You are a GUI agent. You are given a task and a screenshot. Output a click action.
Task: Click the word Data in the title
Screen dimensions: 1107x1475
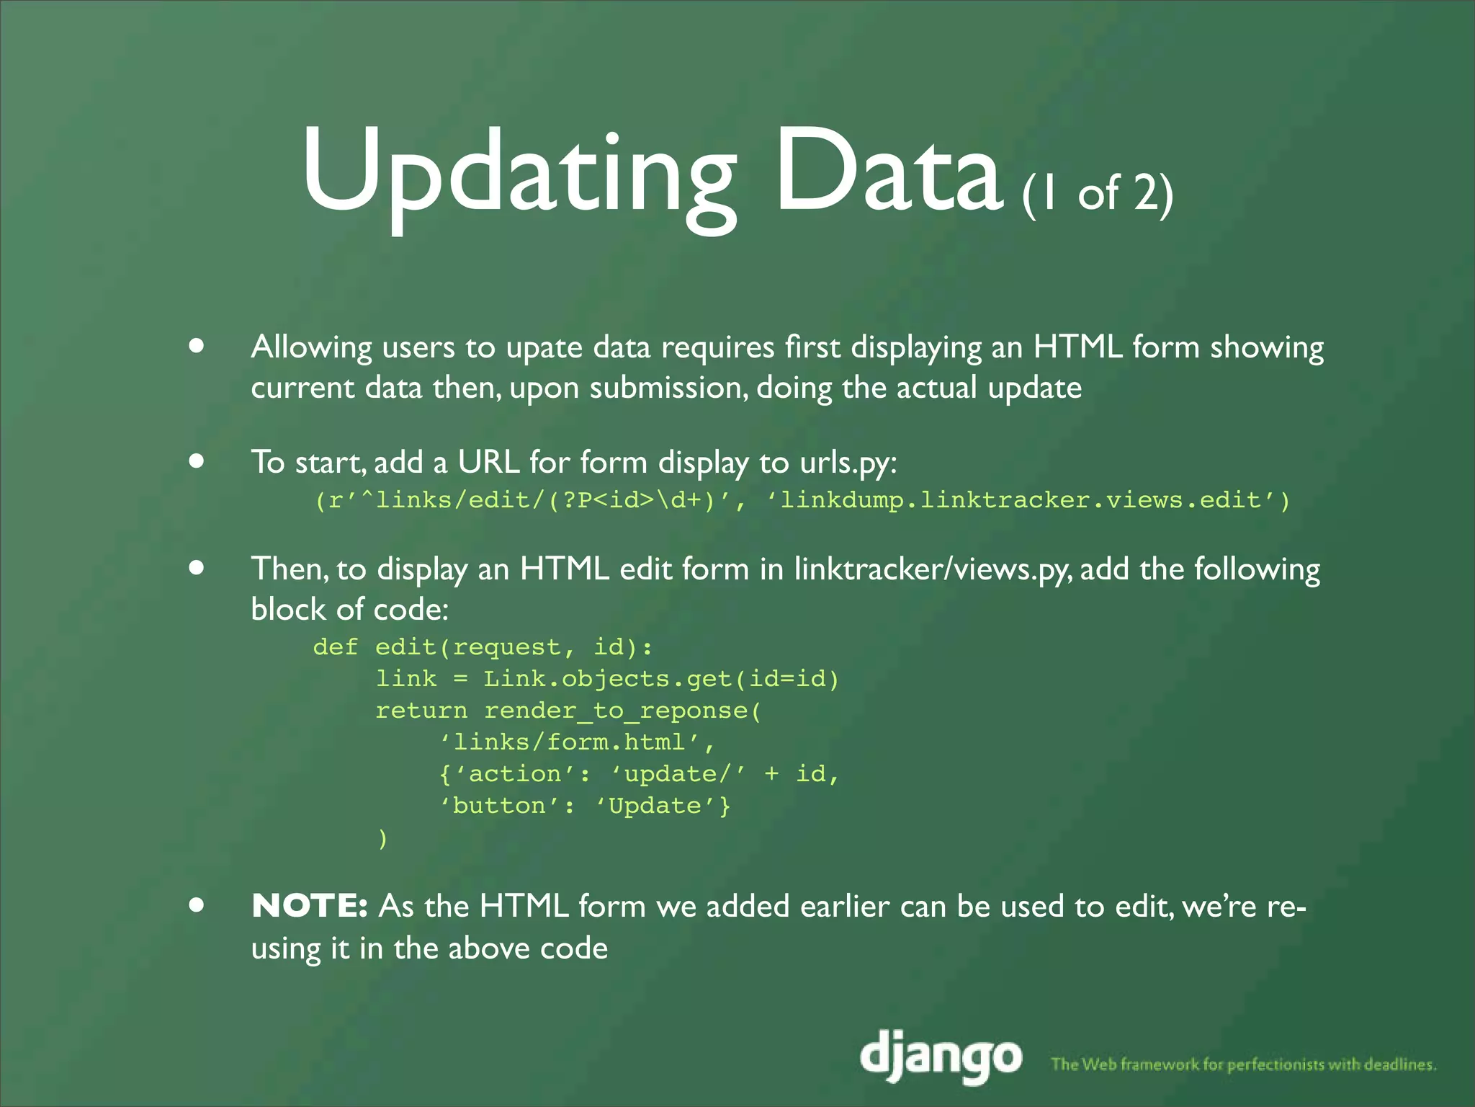pyautogui.click(x=887, y=173)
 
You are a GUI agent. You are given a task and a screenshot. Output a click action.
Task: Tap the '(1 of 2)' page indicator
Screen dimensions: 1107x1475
pyautogui.click(x=1098, y=192)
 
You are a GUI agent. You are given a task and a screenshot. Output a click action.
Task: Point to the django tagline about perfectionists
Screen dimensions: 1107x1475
pyautogui.click(x=1244, y=1064)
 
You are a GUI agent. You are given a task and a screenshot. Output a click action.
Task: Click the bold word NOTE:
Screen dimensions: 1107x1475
pyautogui.click(x=310, y=906)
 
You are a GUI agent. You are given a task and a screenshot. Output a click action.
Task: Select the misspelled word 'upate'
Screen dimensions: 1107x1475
pyautogui.click(x=544, y=348)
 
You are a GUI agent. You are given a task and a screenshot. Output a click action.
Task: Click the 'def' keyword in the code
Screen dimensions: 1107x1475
pyautogui.click(x=335, y=646)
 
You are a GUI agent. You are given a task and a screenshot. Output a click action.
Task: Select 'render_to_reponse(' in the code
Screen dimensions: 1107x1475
pyautogui.click(x=622, y=711)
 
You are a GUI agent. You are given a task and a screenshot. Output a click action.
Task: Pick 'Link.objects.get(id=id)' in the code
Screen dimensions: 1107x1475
pyautogui.click(x=661, y=679)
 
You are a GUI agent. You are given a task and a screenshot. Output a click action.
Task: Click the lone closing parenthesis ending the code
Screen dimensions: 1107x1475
pyautogui.click(x=382, y=838)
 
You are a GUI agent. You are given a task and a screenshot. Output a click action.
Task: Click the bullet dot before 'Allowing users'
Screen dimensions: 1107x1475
pyautogui.click(x=196, y=346)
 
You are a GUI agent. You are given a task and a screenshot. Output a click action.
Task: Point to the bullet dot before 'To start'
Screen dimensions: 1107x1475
pyautogui.click(x=196, y=461)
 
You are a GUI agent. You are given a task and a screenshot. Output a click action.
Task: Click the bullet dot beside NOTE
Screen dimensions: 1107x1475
pyautogui.click(x=196, y=904)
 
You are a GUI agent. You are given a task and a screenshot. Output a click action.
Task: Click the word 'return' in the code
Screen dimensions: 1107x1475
pyautogui.click(x=421, y=711)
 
